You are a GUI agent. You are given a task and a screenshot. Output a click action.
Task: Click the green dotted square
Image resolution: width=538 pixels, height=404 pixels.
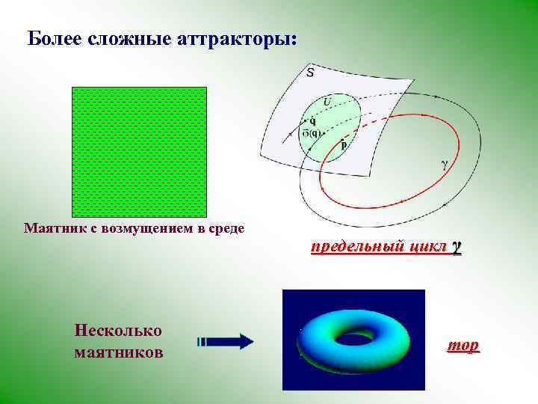[x=138, y=152]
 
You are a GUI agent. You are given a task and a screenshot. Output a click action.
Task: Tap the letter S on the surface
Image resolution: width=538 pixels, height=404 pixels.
[x=310, y=73]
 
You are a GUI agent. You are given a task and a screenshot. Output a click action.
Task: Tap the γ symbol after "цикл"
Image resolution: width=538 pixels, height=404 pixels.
[x=456, y=248]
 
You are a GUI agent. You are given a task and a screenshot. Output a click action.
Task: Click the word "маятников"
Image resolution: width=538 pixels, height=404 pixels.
[x=119, y=351]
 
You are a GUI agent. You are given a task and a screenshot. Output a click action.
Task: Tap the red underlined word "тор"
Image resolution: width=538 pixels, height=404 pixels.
[x=463, y=346]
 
